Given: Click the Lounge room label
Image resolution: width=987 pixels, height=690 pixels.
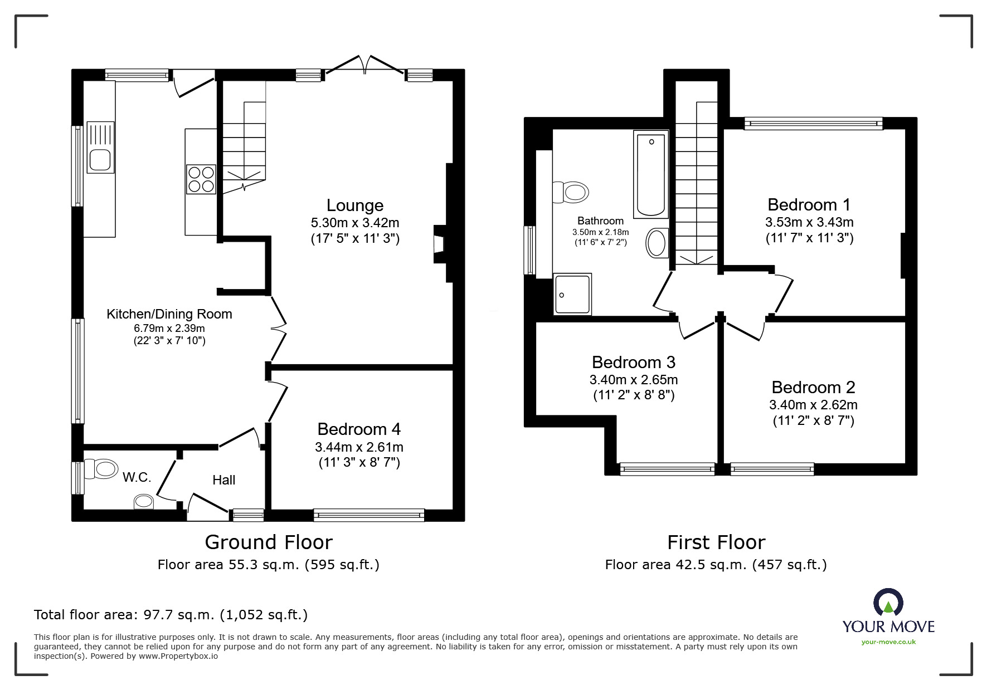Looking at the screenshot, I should tap(354, 205).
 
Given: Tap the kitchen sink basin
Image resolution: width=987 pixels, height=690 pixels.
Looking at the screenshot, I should tap(100, 160).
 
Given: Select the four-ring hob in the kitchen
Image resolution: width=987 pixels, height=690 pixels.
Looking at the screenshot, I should tap(201, 179).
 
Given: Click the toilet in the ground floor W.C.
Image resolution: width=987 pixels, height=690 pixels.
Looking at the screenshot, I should tap(103, 468).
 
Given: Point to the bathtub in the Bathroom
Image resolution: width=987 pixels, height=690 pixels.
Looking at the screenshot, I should tap(651, 174).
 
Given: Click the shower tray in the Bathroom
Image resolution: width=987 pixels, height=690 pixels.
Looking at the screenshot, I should tap(572, 294).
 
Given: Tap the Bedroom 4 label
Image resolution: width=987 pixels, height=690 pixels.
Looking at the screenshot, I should tap(359, 429).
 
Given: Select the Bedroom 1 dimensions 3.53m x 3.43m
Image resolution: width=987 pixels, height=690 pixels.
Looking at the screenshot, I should tap(809, 222).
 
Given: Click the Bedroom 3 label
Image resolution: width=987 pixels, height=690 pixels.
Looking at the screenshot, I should tap(634, 363).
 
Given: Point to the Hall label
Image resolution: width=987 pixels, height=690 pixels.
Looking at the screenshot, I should tap(223, 480).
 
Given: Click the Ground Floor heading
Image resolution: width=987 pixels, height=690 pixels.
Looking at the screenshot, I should tap(269, 542).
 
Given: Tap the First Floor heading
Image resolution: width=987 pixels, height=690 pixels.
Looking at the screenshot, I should tap(716, 542).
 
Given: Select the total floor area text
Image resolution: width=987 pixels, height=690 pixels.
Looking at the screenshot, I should tap(171, 615).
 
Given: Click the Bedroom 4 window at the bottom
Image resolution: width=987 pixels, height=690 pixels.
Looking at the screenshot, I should tap(369, 515).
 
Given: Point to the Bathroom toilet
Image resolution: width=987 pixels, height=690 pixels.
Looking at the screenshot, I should tap(571, 193).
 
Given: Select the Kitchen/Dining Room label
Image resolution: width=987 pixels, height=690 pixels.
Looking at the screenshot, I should tap(169, 314).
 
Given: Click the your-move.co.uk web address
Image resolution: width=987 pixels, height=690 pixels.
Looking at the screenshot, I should tap(888, 642).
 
